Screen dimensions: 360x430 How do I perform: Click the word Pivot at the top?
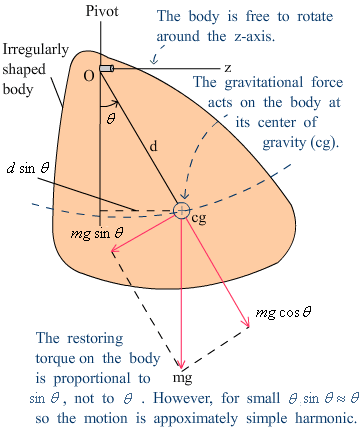click(x=102, y=11)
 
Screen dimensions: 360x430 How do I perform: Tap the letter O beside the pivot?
click(x=89, y=76)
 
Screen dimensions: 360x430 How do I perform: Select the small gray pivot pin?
click(x=107, y=68)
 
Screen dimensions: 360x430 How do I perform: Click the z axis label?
click(x=228, y=68)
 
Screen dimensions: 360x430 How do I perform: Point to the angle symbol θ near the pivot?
click(x=111, y=119)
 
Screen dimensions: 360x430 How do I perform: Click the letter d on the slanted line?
click(x=153, y=146)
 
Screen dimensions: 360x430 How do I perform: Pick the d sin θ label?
click(x=28, y=168)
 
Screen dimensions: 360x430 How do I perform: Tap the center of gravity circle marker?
click(x=182, y=210)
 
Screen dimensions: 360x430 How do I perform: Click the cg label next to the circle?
click(x=199, y=219)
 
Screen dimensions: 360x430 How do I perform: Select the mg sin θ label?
click(x=97, y=233)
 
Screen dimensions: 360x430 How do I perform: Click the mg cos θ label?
click(x=284, y=313)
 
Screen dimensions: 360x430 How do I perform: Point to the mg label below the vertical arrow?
click(x=182, y=378)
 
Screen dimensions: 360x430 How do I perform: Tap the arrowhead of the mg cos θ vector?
click(x=248, y=324)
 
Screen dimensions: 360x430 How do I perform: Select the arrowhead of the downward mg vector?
click(x=181, y=366)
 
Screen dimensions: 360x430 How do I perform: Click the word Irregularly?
click(x=36, y=50)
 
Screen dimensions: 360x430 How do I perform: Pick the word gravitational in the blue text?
click(x=264, y=83)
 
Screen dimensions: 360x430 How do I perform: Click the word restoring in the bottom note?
click(x=95, y=339)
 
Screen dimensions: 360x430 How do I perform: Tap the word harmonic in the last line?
click(x=326, y=418)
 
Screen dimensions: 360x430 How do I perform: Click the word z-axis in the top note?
click(x=255, y=36)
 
